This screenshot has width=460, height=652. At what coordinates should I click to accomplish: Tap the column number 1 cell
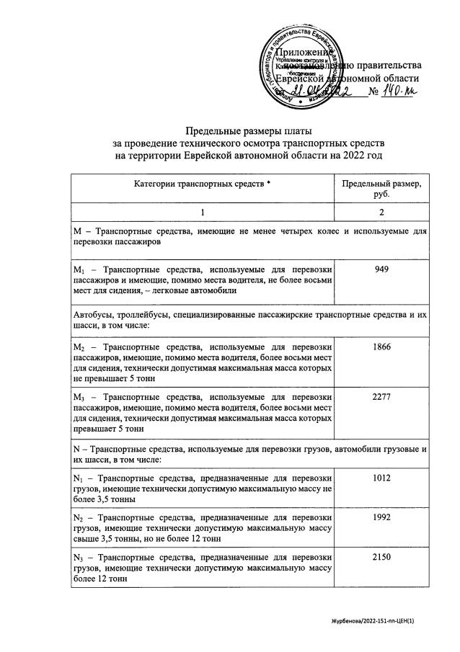203,213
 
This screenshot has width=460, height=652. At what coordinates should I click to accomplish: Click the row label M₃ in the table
79,397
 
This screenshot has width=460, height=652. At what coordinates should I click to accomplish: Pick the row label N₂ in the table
79,518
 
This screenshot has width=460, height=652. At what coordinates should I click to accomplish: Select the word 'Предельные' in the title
212,130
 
